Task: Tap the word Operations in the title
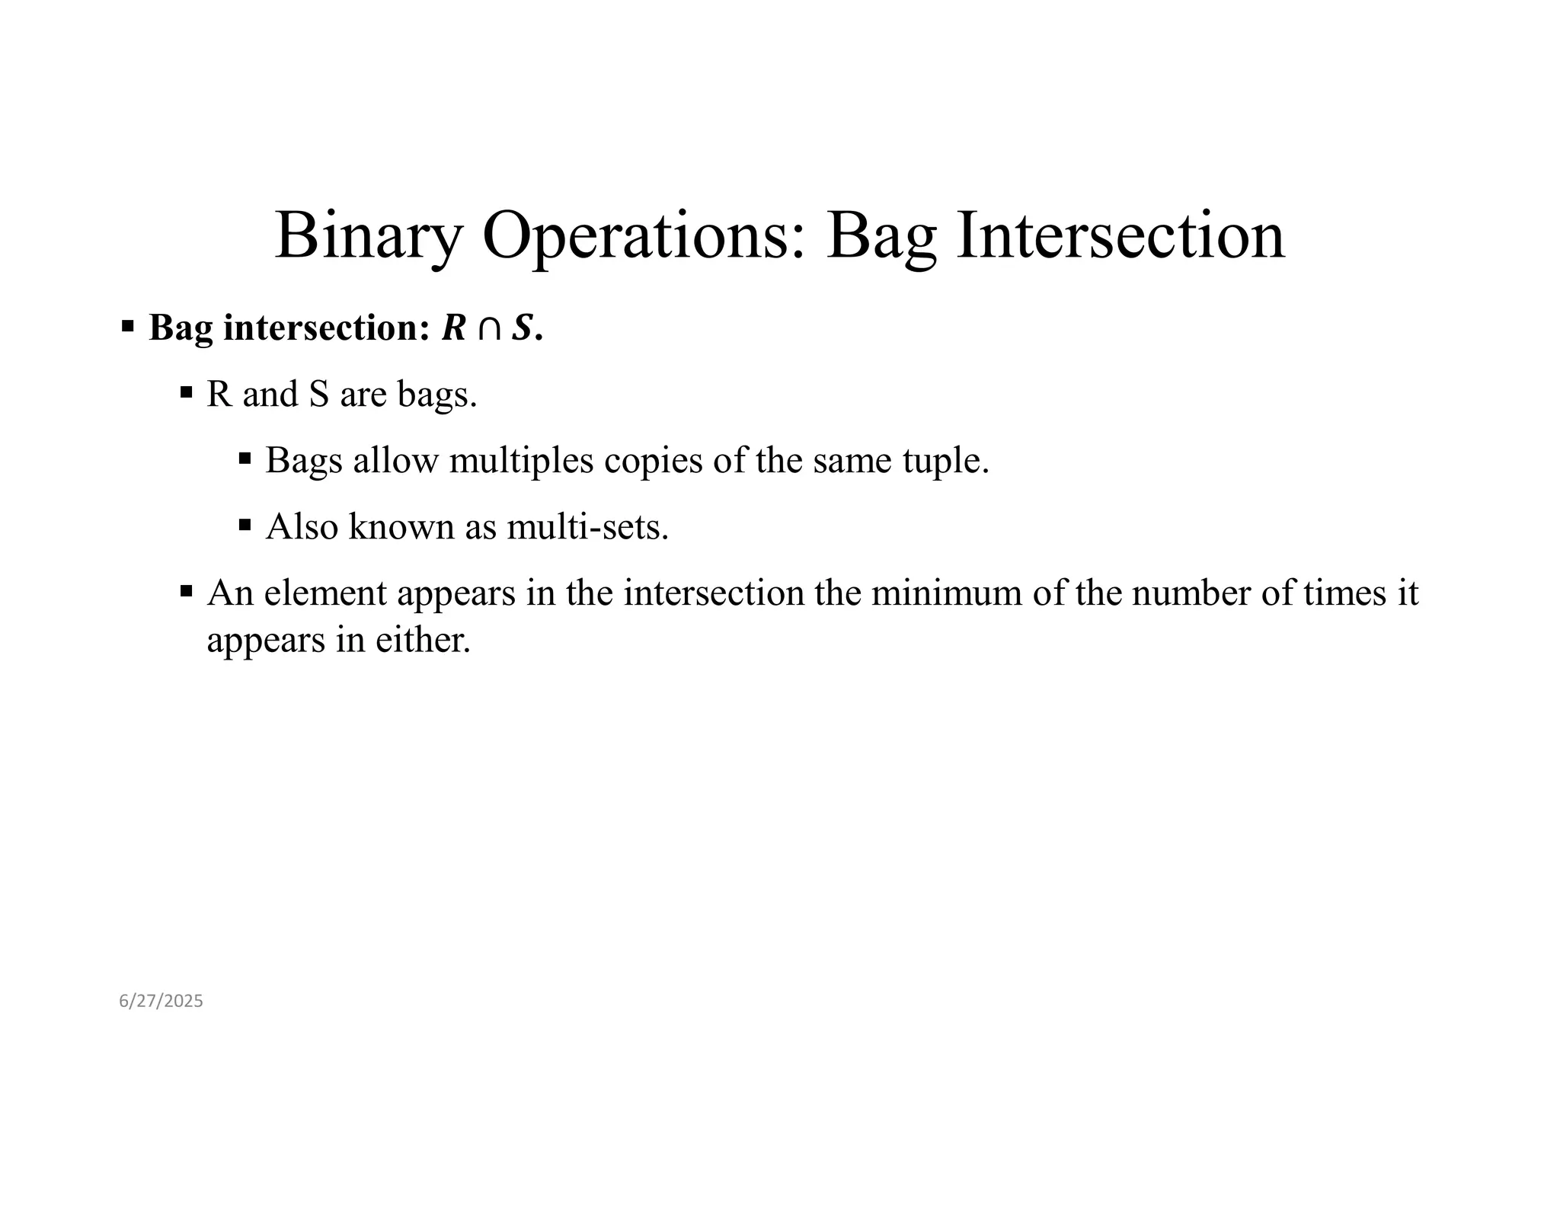click(644, 236)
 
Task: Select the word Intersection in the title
click(1120, 236)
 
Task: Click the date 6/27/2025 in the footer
click(161, 1001)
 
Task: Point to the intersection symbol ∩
click(489, 329)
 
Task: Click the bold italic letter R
click(454, 328)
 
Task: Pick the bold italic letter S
click(522, 328)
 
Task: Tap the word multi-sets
click(587, 526)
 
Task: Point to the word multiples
click(521, 461)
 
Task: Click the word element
click(325, 593)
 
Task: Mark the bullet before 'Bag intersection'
click(127, 328)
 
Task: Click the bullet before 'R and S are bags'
click(186, 393)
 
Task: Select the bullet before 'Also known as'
click(245, 525)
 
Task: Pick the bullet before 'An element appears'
click(186, 591)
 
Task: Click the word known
click(401, 526)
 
